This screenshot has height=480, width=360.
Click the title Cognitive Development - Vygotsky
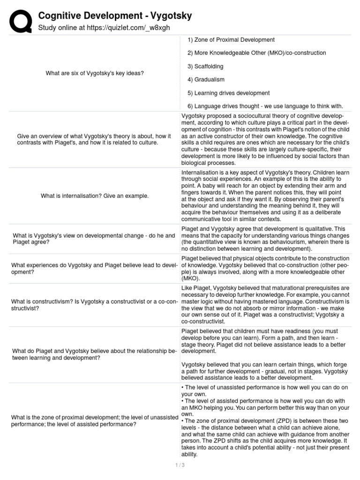(115, 16)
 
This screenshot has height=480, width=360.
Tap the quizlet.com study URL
(104, 28)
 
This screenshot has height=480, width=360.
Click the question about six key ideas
(94, 73)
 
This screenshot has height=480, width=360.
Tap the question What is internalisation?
(94, 195)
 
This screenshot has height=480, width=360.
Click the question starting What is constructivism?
(94, 305)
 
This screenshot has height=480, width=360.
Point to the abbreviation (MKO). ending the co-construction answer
(190, 278)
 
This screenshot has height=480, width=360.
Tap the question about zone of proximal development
(94, 421)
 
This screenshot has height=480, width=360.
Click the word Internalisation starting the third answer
(200, 172)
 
